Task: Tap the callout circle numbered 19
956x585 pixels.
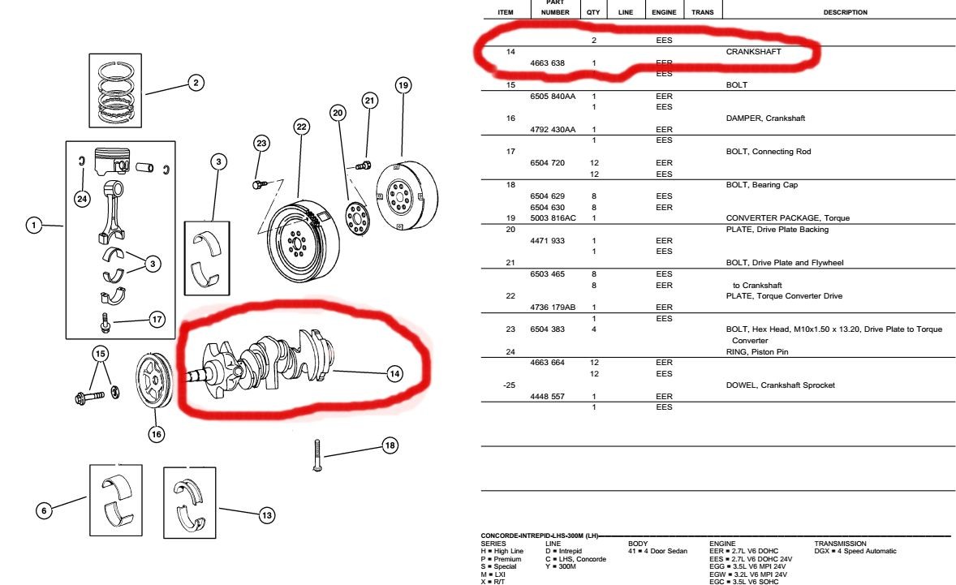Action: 403,84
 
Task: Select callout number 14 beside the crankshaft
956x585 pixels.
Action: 394,374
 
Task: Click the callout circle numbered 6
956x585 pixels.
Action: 44,510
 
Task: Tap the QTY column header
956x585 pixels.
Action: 594,12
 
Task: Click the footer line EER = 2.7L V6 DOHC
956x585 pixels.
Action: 744,551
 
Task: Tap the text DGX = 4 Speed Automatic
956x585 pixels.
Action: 855,551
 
